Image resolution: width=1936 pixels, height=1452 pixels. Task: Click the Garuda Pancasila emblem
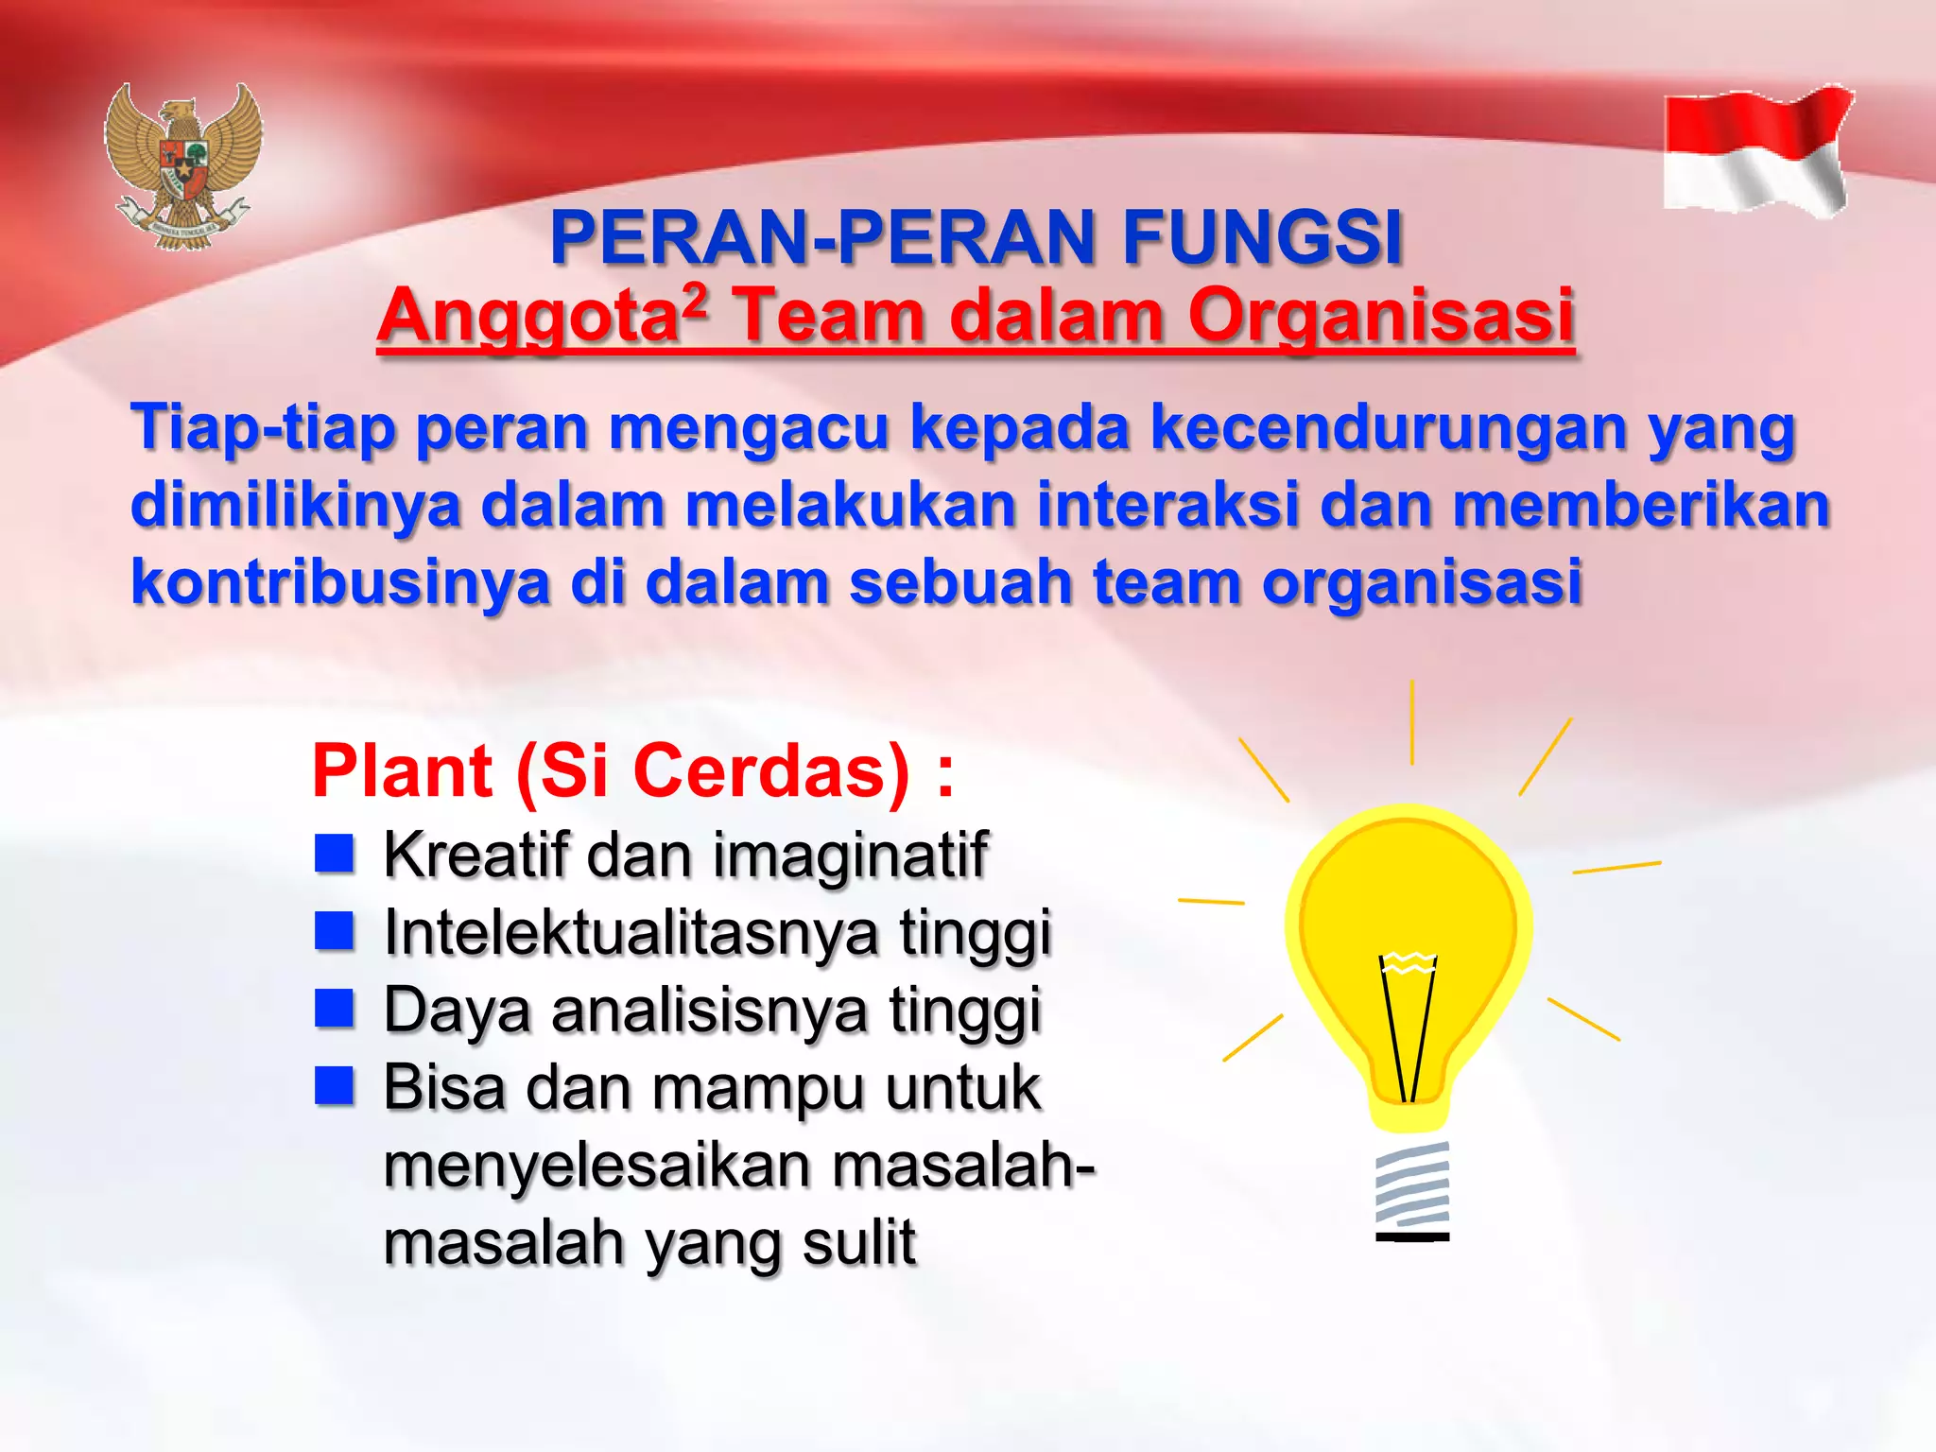pyautogui.click(x=183, y=165)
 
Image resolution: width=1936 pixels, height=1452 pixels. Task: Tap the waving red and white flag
pyautogui.click(x=1756, y=151)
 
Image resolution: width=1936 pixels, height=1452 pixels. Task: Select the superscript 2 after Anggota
pyautogui.click(x=695, y=301)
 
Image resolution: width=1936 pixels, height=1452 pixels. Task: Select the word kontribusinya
pyautogui.click(x=340, y=581)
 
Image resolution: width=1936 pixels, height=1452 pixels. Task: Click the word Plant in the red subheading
pyautogui.click(x=403, y=771)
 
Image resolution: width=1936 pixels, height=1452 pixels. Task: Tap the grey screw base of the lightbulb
pyautogui.click(x=1412, y=1187)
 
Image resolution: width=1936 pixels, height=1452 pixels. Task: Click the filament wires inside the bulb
pyautogui.click(x=1409, y=1030)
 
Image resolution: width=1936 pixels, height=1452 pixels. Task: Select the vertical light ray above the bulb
pyautogui.click(x=1412, y=722)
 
